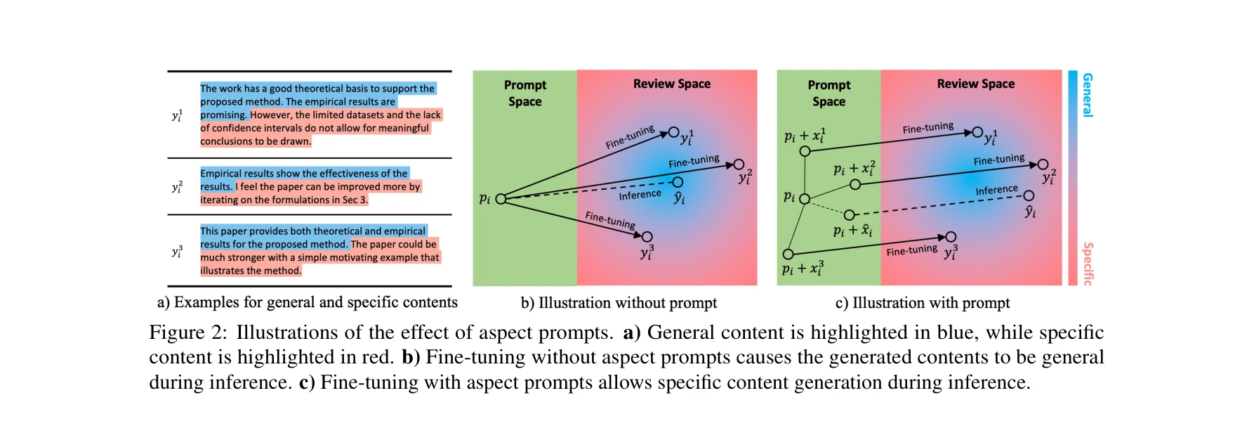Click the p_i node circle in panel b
tap(501, 199)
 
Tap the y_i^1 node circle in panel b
tap(673, 132)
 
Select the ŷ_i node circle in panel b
tap(678, 182)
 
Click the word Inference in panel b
tap(640, 194)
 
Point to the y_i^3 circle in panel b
tap(647, 237)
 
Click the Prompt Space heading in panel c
tap(829, 93)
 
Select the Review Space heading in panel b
tap(671, 84)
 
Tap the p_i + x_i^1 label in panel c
tap(805, 135)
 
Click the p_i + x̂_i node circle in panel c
tap(849, 215)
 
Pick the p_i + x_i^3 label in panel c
tap(803, 269)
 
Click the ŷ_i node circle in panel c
tap(1029, 196)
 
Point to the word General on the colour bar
tap(1087, 95)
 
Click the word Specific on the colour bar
tap(1087, 264)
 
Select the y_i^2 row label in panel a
tap(177, 186)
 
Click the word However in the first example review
tap(270, 115)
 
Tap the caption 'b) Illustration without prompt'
tap(619, 303)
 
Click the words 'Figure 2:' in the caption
tap(187, 333)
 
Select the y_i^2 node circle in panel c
tap(1043, 164)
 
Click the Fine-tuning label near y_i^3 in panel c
tap(911, 250)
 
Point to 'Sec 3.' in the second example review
tap(355, 200)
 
